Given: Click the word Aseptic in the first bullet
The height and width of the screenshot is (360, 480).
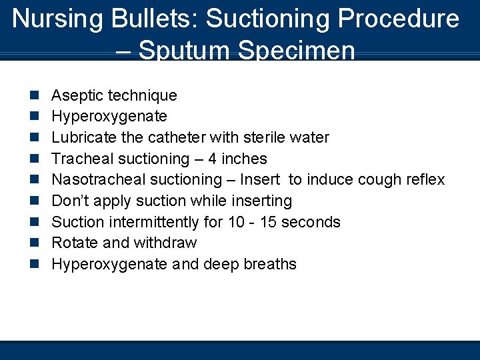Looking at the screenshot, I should (x=76, y=95).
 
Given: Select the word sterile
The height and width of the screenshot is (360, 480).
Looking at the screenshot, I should (x=261, y=137).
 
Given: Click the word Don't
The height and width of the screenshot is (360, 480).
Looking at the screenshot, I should (x=69, y=201).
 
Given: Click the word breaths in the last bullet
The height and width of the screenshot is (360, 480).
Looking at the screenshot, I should (x=270, y=264).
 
